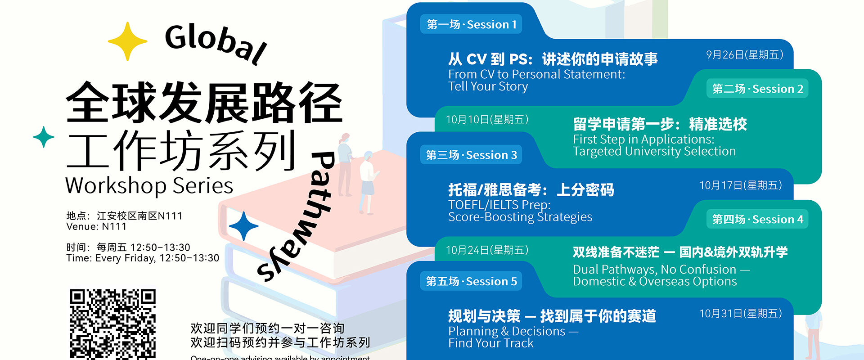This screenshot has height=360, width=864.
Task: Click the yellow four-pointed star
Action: pyautogui.click(x=127, y=41)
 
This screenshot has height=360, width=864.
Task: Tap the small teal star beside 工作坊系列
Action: pyautogui.click(x=44, y=137)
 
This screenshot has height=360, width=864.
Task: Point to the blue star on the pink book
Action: pyautogui.click(x=243, y=226)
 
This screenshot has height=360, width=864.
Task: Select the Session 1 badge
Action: pyautogui.click(x=471, y=24)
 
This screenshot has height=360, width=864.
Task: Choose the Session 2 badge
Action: pyautogui.click(x=757, y=89)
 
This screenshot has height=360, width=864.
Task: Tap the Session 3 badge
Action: pyautogui.click(x=471, y=155)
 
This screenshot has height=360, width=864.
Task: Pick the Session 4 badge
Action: pyautogui.click(x=757, y=219)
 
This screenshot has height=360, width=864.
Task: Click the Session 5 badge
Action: pyautogui.click(x=471, y=281)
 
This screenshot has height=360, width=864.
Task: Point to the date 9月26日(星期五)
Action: pyautogui.click(x=744, y=55)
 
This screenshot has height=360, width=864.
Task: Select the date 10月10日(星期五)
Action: pyautogui.click(x=487, y=119)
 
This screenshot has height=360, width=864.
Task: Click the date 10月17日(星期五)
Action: pyautogui.click(x=740, y=185)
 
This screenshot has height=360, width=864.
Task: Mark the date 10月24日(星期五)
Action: pyautogui.click(x=487, y=250)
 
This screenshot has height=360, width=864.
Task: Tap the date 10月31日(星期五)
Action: pyautogui.click(x=740, y=314)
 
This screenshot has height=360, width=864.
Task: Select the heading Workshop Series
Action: pyautogui.click(x=149, y=185)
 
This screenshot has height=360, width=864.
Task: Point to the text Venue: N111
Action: pyautogui.click(x=96, y=227)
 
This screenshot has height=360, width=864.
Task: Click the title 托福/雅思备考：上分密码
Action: pyautogui.click(x=531, y=190)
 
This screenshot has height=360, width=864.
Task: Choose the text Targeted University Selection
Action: pyautogui.click(x=654, y=152)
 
